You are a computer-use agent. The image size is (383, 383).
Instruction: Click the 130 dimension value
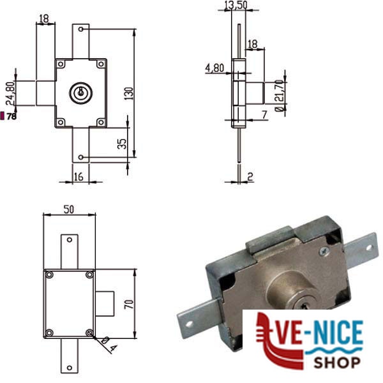click(129, 93)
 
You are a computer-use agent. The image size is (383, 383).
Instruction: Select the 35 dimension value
click(122, 144)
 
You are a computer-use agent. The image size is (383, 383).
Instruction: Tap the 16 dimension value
click(79, 177)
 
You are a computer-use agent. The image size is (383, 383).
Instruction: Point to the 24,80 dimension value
click(10, 93)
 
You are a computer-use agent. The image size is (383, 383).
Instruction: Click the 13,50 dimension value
click(236, 5)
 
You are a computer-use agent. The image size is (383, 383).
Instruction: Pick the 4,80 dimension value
click(214, 68)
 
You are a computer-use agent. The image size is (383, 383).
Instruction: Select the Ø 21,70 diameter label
click(280, 96)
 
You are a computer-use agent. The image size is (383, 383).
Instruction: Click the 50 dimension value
click(69, 209)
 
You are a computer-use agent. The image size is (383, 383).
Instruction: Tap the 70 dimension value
click(129, 304)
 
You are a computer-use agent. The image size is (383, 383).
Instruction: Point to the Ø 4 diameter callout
click(109, 344)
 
